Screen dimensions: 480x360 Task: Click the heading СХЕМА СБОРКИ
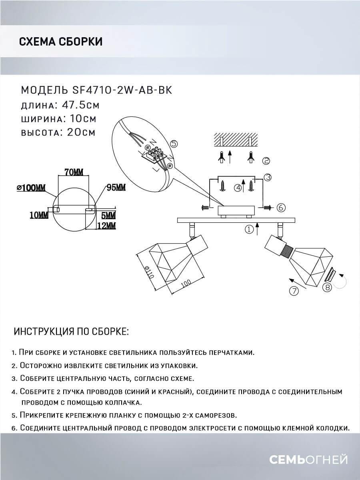pos(60,42)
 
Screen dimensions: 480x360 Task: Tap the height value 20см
pos(79,132)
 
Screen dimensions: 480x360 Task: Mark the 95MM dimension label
pos(116,188)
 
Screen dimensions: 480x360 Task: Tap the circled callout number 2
pos(266,161)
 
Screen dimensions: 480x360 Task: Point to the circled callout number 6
pos(280,207)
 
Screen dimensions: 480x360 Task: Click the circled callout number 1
pos(249,230)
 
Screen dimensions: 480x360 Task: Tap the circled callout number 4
pos(238,187)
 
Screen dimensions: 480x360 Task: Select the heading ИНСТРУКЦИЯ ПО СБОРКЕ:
pos(72,332)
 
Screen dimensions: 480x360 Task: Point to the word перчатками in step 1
pos(232,353)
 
